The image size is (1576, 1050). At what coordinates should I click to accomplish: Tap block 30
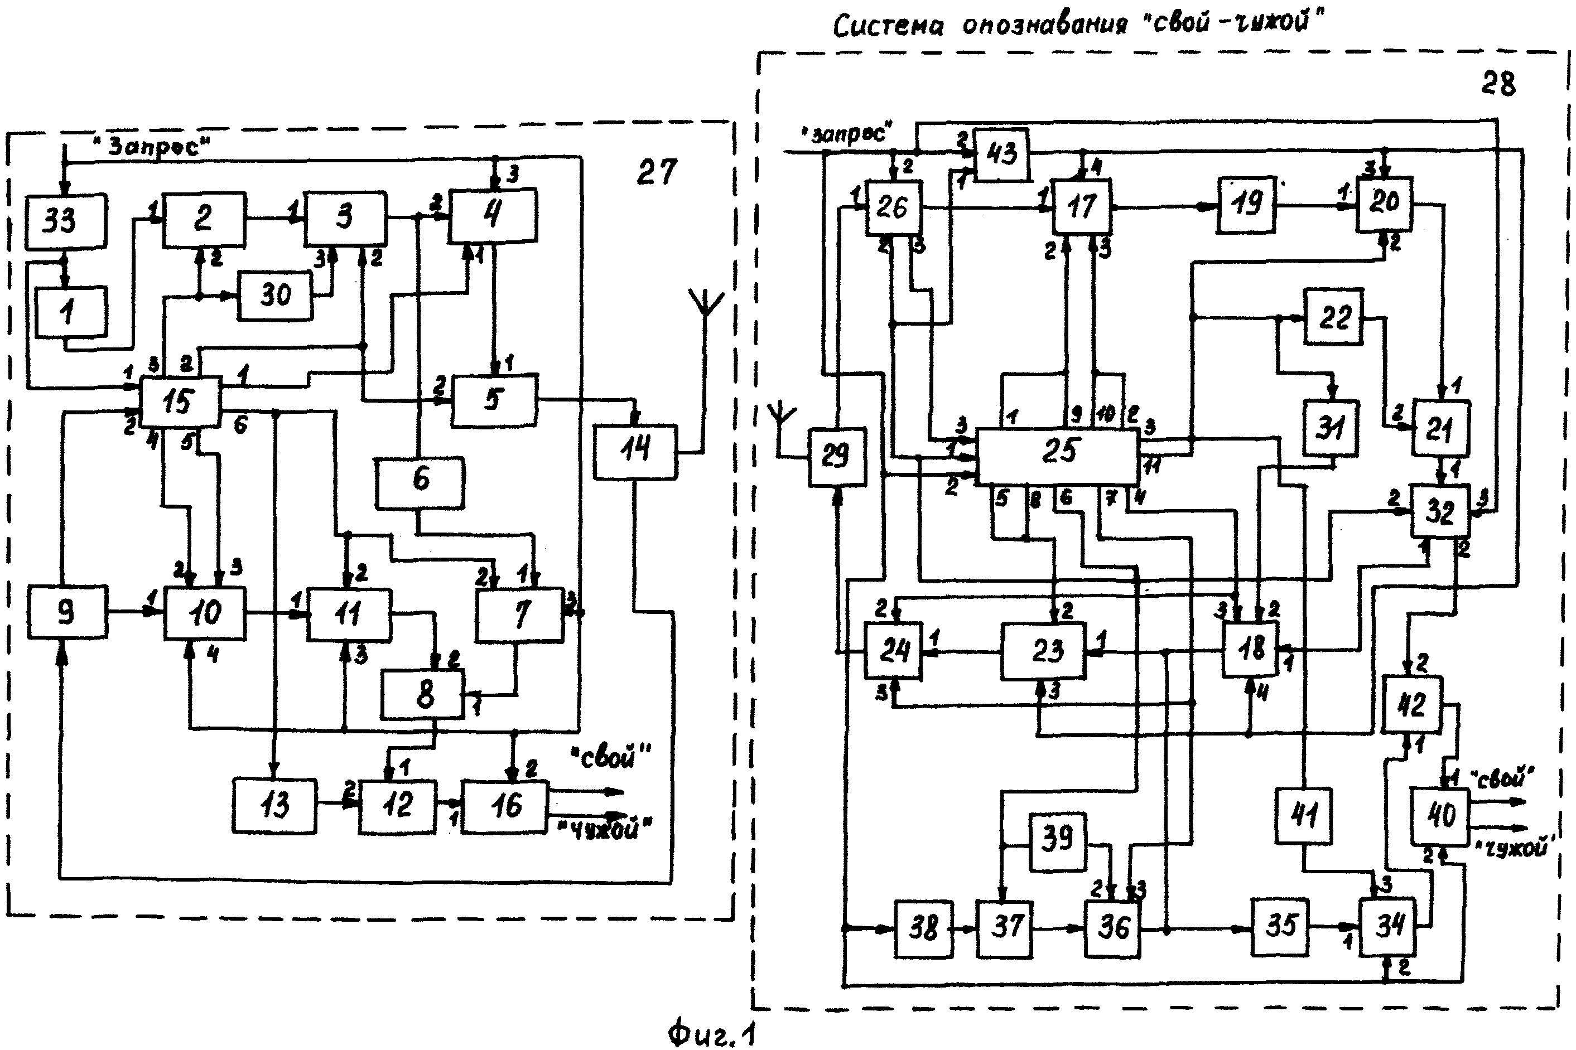tap(275, 294)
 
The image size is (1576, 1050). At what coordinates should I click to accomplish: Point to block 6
tap(420, 481)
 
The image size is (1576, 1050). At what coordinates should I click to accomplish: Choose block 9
tap(67, 611)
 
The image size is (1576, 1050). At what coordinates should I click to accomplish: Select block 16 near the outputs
tap(504, 806)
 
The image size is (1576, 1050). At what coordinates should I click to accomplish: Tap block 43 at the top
tap(1002, 154)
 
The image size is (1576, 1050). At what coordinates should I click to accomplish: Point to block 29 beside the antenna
tap(836, 456)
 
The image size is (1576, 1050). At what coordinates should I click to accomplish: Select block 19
tap(1246, 204)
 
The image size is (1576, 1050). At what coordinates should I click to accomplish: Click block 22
tap(1333, 317)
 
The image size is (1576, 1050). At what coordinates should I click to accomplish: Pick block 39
tap(1057, 841)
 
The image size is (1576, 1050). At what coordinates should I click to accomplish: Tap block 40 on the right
tap(1440, 816)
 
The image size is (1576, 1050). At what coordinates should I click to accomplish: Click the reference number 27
tap(657, 173)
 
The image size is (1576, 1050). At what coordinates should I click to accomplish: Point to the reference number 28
tap(1498, 84)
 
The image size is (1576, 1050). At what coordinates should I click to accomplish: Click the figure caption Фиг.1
tap(711, 1034)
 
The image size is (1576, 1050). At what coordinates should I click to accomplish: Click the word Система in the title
tap(888, 27)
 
